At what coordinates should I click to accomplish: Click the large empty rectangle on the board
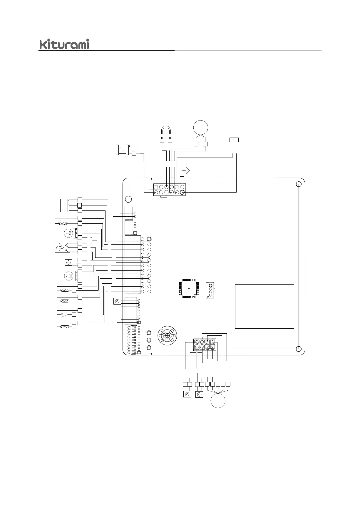(x=264, y=306)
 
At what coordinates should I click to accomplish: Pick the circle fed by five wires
(x=218, y=400)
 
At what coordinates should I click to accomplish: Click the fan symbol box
(x=62, y=247)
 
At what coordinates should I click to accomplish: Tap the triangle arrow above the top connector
(x=187, y=170)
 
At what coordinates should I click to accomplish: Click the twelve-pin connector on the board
(x=169, y=190)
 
